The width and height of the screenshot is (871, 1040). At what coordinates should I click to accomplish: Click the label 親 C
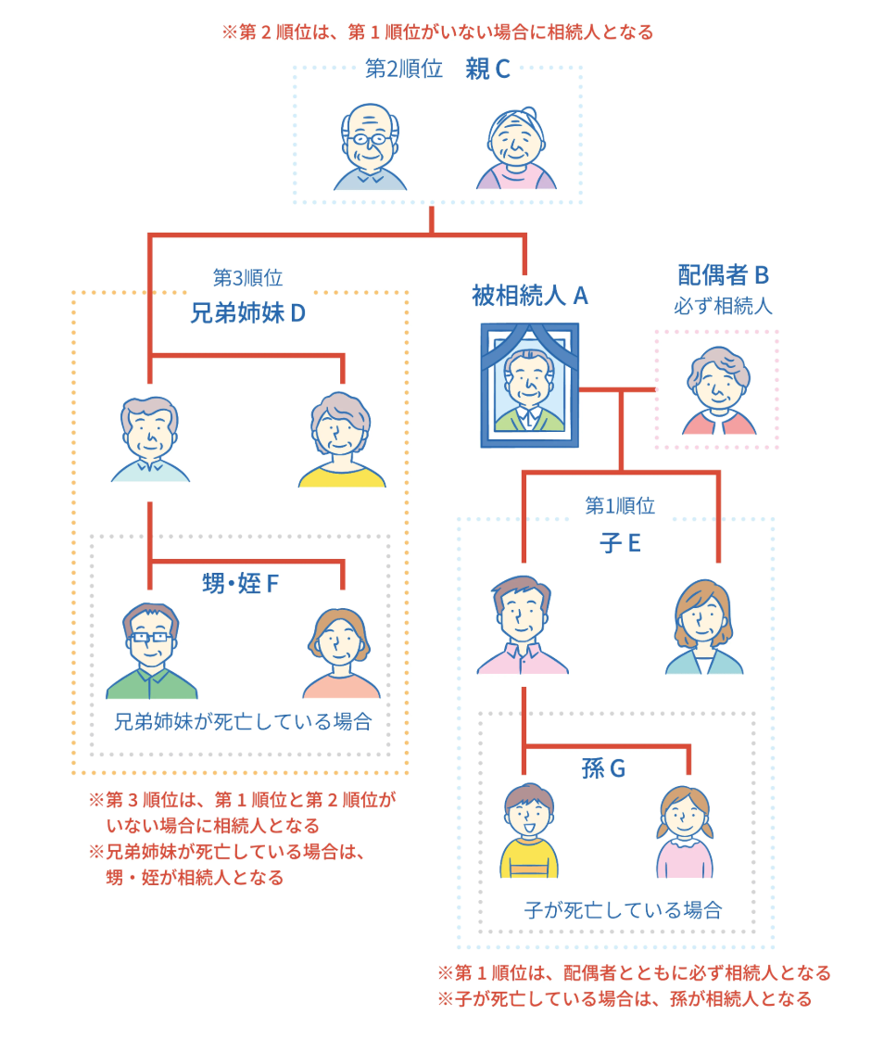coord(487,70)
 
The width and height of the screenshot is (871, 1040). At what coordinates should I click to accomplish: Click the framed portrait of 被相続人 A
coord(529,385)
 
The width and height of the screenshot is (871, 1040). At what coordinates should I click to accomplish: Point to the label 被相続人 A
coord(530,296)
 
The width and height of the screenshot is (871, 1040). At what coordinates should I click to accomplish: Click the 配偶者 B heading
coord(724,274)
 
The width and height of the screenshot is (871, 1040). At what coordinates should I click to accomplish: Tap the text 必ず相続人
coord(723,305)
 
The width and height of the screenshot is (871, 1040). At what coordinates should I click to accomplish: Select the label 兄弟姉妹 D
coord(247,312)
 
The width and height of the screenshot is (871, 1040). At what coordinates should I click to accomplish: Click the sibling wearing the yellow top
coord(342,439)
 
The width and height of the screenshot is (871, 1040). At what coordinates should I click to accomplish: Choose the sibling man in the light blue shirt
coord(150,439)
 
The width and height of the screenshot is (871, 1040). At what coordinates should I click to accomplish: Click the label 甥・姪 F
coord(240,584)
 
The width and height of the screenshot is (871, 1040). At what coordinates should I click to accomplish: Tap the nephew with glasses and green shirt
coord(152,650)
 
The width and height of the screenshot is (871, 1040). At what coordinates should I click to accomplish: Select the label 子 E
coord(620,542)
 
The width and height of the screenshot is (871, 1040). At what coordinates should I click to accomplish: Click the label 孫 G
coord(603,768)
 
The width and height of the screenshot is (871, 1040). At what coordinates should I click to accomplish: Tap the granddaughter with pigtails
coord(686,831)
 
